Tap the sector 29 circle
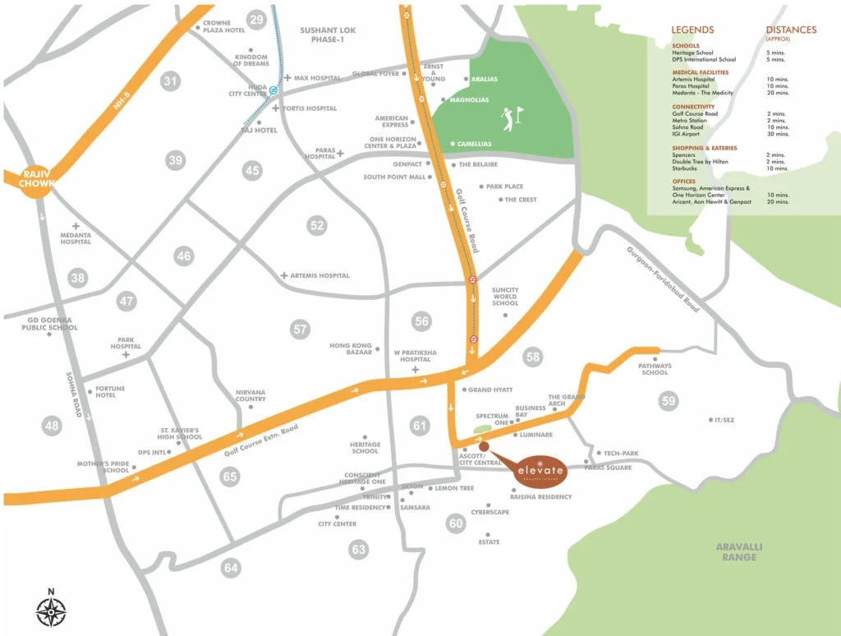point(257,20)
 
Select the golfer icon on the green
point(511,118)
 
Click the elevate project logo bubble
point(540,469)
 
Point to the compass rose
point(51,611)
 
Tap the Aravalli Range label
point(736,551)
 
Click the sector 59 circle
point(669,400)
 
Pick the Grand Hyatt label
point(490,389)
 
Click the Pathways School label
point(655,369)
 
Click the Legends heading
point(692,30)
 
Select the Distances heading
point(791,30)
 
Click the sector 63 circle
point(359,549)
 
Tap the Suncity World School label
point(505,296)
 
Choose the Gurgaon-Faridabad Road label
point(663,279)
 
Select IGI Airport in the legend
point(688,133)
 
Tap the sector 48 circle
point(53,426)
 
